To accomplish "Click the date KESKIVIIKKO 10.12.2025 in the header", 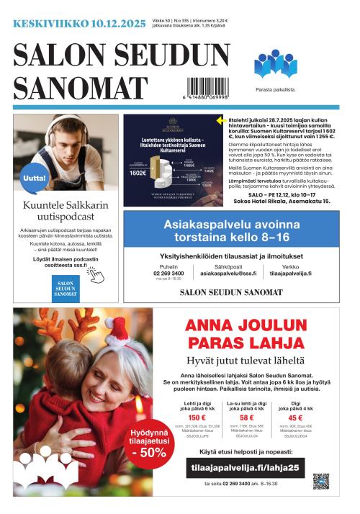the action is [79, 24].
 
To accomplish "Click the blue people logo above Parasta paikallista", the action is [275, 65].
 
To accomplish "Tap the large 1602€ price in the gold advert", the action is [138, 173].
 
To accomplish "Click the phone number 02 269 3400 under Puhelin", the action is [168, 274].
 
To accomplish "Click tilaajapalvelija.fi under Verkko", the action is [291, 274].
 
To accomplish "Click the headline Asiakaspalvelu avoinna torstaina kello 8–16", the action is [231, 230].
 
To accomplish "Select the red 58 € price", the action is [246, 418].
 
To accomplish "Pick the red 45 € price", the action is [295, 418].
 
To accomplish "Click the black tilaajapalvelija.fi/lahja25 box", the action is [245, 466].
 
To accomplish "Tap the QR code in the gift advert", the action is [320, 481].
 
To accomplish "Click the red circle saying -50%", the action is [148, 439].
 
